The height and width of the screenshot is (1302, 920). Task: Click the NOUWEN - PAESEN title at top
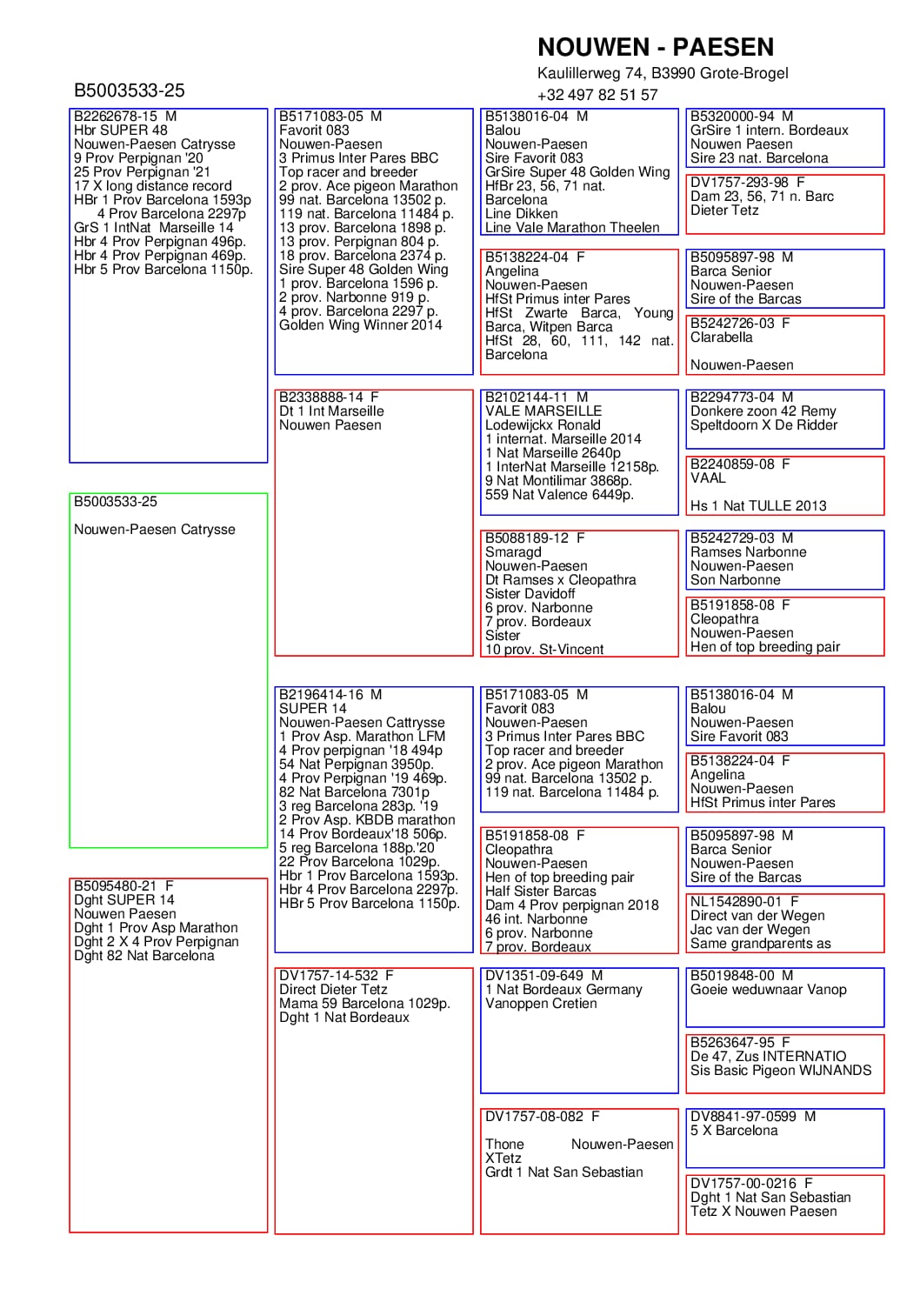(655, 47)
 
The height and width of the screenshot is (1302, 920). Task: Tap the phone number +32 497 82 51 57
(597, 95)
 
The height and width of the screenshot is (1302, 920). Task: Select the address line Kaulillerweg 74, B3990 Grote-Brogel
(663, 73)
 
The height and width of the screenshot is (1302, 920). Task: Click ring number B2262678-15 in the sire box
(116, 117)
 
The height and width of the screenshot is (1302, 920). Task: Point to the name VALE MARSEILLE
(543, 411)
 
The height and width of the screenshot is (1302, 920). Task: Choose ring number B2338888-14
(321, 397)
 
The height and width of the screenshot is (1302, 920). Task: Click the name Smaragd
(513, 552)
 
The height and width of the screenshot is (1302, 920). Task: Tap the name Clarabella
(721, 337)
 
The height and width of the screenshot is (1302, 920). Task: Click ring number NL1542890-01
(736, 902)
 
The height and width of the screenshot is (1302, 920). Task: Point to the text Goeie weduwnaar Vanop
(768, 990)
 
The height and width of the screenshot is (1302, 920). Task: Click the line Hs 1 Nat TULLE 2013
(758, 506)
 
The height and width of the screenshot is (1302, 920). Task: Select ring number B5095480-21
(116, 886)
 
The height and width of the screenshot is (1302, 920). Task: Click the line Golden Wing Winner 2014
(360, 325)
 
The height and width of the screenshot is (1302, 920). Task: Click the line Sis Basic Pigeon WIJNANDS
(780, 1071)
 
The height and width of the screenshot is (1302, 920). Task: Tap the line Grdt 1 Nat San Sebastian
(563, 1172)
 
